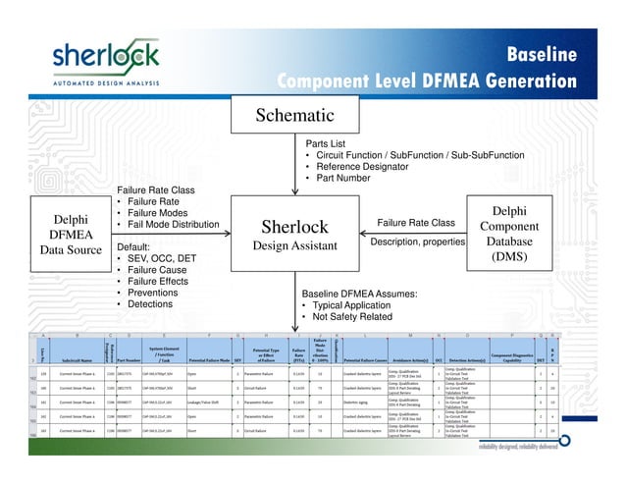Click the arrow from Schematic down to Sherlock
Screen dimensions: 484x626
[x=293, y=167]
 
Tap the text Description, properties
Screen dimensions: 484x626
[x=417, y=242]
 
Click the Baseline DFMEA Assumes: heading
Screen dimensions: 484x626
[x=364, y=293]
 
